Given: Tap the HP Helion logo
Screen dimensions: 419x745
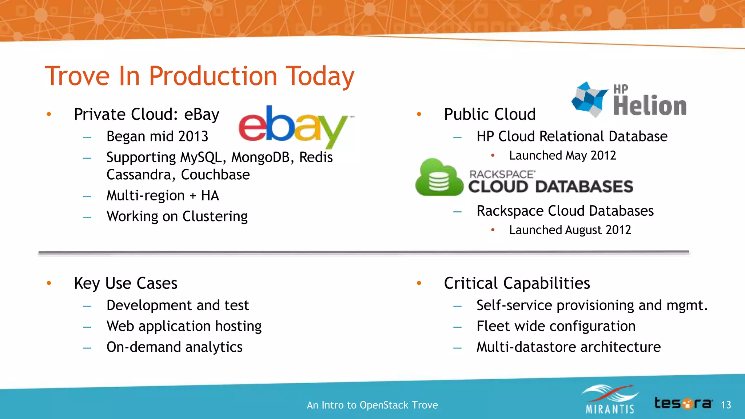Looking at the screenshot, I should pyautogui.click(x=629, y=100).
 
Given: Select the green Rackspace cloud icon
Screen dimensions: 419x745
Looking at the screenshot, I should pyautogui.click(x=439, y=178).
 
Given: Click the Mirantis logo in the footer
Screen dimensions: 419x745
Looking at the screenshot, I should pyautogui.click(x=610, y=399).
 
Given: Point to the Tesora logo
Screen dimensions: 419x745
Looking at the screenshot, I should pyautogui.click(x=683, y=403).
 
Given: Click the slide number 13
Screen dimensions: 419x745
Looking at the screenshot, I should pyautogui.click(x=726, y=405).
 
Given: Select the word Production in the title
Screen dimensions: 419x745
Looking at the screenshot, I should pyautogui.click(x=213, y=76).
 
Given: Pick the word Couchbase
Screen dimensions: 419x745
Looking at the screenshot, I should pyautogui.click(x=215, y=175).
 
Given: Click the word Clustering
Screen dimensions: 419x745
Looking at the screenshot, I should pyautogui.click(x=215, y=216).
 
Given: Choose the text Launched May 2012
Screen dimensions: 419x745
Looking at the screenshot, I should pyautogui.click(x=562, y=156).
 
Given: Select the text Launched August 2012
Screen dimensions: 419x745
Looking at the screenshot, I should pyautogui.click(x=570, y=230).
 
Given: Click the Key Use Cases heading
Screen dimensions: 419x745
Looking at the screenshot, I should pyautogui.click(x=126, y=283).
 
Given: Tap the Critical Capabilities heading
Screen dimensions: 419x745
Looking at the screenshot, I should pyautogui.click(x=517, y=283).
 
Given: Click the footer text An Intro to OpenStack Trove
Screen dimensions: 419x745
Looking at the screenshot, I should pyautogui.click(x=372, y=405).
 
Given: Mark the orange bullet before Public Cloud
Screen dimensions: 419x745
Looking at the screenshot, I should pyautogui.click(x=419, y=114).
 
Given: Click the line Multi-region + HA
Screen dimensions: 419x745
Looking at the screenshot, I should pyautogui.click(x=163, y=196).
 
